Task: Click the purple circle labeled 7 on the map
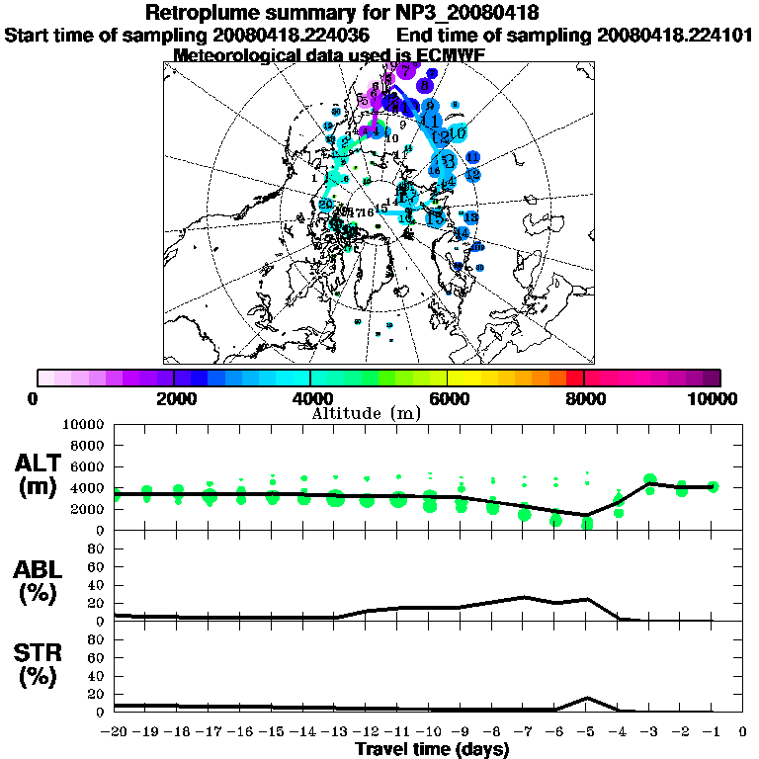click(x=407, y=68)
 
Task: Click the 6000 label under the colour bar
click(x=448, y=399)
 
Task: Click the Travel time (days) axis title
click(x=432, y=750)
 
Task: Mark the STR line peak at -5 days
click(x=587, y=698)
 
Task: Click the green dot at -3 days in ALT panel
click(x=649, y=482)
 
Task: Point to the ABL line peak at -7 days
click(x=524, y=597)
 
